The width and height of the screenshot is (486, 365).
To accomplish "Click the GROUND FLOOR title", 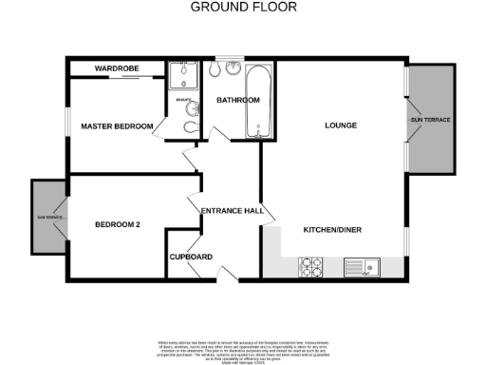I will tap(243, 7).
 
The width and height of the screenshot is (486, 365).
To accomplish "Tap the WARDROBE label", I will tap(118, 69).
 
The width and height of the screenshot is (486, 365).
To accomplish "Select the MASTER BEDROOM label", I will tap(117, 125).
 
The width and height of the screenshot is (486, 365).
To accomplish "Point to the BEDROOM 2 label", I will tap(118, 225).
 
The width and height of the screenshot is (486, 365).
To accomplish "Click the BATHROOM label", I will tap(237, 100).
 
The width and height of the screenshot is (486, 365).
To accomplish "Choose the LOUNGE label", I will tap(340, 125).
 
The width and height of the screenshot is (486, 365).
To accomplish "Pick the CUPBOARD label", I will tap(191, 257).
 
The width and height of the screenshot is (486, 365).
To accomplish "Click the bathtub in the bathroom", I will tap(259, 103).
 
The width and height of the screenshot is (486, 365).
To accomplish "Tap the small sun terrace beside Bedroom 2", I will tap(47, 217).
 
